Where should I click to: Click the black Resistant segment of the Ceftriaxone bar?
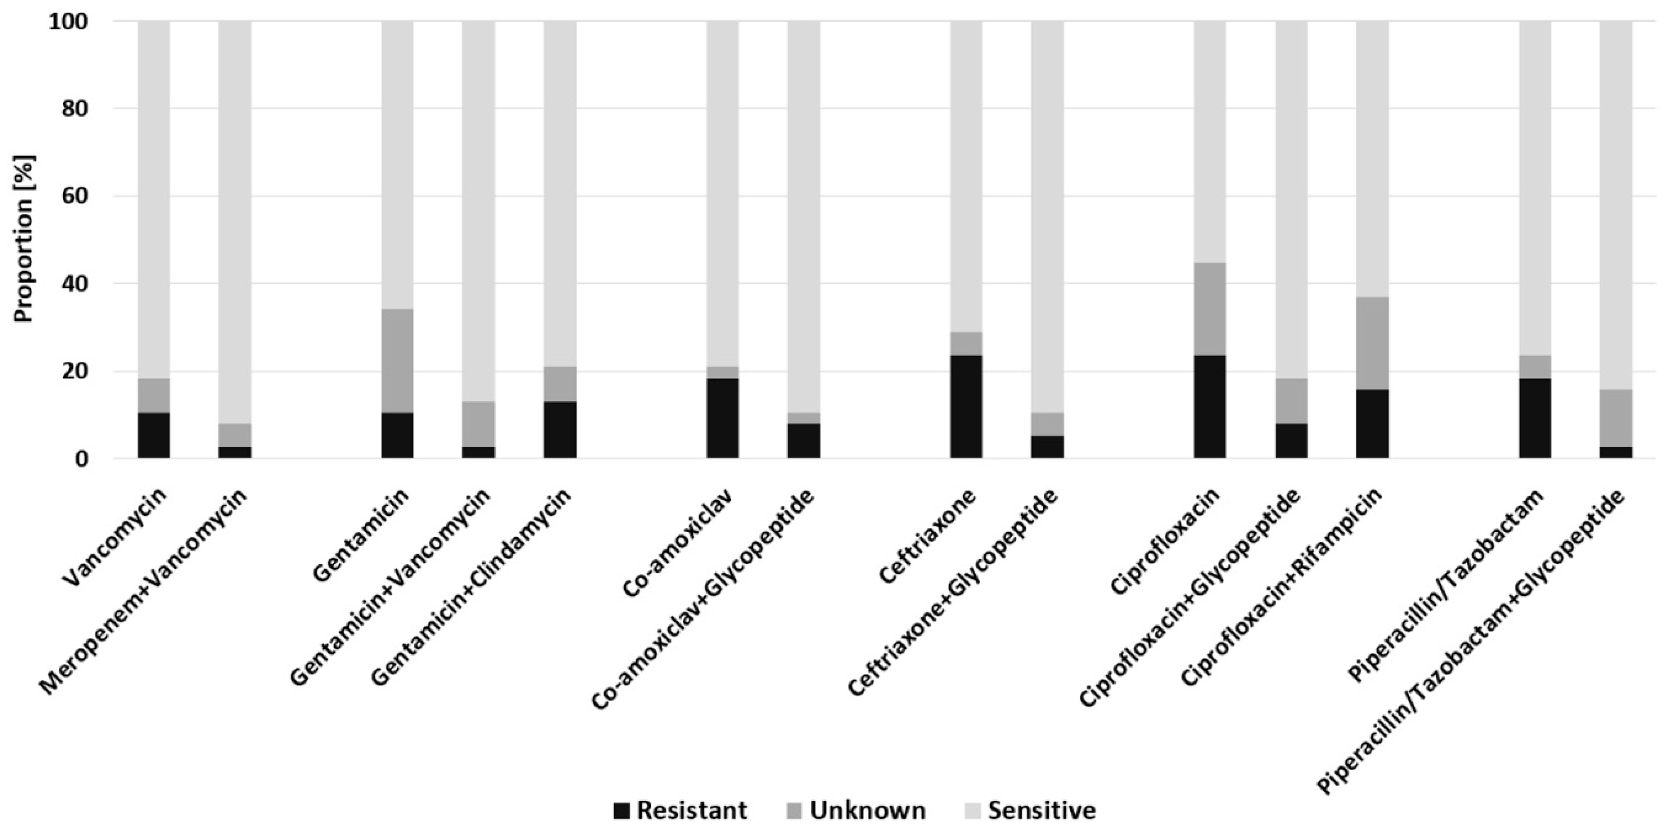click(966, 407)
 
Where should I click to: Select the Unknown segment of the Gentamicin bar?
click(397, 361)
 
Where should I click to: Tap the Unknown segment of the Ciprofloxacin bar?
click(1210, 309)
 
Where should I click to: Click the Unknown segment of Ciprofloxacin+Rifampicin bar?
click(1372, 343)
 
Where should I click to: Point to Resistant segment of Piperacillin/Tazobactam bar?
click(1535, 418)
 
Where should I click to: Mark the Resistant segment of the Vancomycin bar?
click(154, 435)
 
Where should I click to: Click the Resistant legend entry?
click(681, 810)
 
